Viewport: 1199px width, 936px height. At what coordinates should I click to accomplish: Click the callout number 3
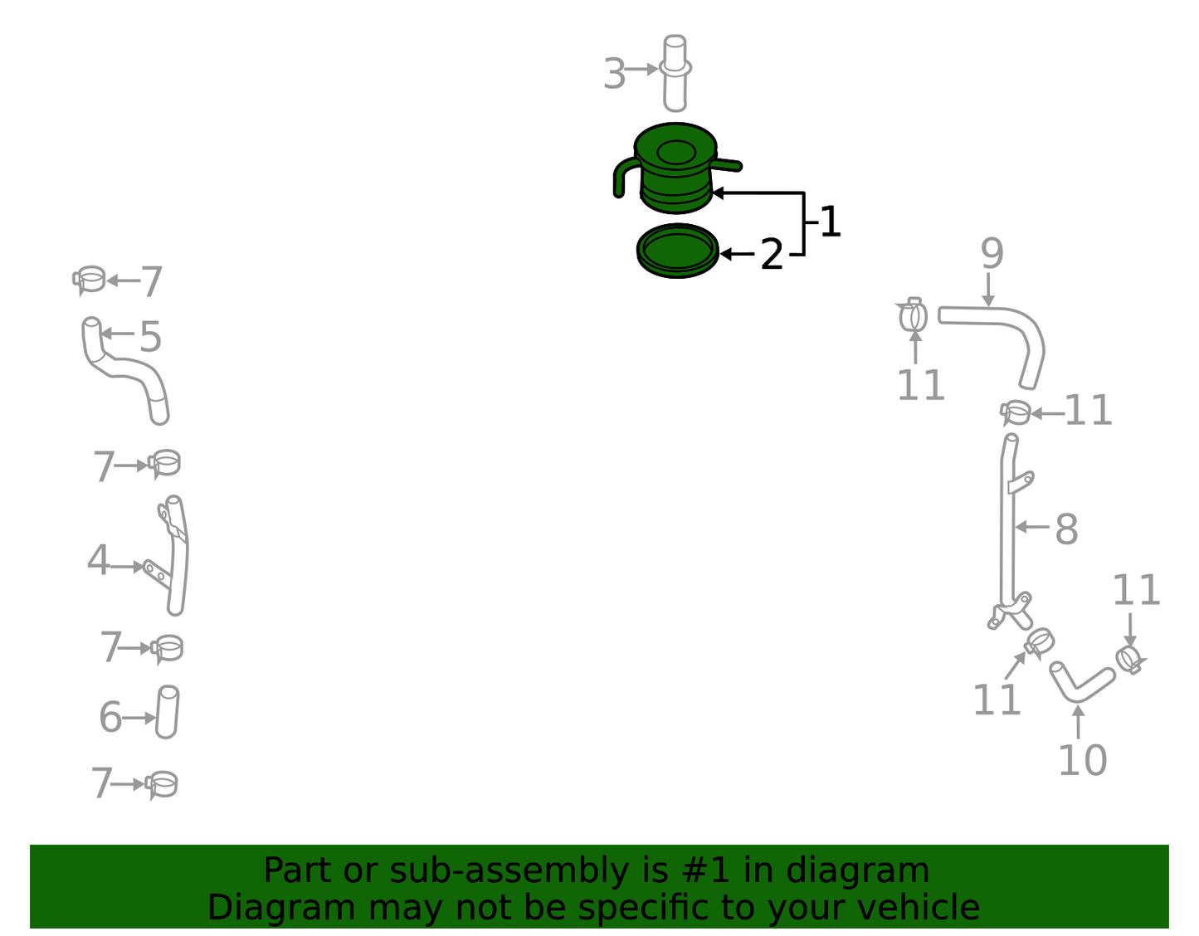(x=615, y=73)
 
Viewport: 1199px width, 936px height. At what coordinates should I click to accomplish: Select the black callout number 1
(x=830, y=222)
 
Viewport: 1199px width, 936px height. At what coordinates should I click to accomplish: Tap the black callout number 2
(x=772, y=254)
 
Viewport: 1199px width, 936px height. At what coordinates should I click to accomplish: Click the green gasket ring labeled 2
(x=678, y=251)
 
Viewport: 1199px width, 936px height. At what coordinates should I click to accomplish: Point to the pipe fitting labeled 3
(x=675, y=73)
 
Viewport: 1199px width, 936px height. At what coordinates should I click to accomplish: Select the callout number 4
(x=98, y=560)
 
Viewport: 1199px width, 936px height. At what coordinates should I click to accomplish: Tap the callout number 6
(x=110, y=717)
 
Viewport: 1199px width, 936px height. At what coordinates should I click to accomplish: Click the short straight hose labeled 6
(x=167, y=712)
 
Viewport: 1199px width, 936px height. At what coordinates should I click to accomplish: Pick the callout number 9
(x=992, y=253)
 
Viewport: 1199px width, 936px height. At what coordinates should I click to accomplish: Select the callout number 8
(x=1066, y=529)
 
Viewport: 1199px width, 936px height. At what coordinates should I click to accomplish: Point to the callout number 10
(x=1083, y=761)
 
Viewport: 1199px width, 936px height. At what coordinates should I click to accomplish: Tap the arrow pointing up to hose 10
(x=1078, y=721)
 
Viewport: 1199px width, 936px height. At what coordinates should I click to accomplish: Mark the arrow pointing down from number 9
(x=989, y=290)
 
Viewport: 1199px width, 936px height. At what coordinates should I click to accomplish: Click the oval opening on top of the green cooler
(x=676, y=152)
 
